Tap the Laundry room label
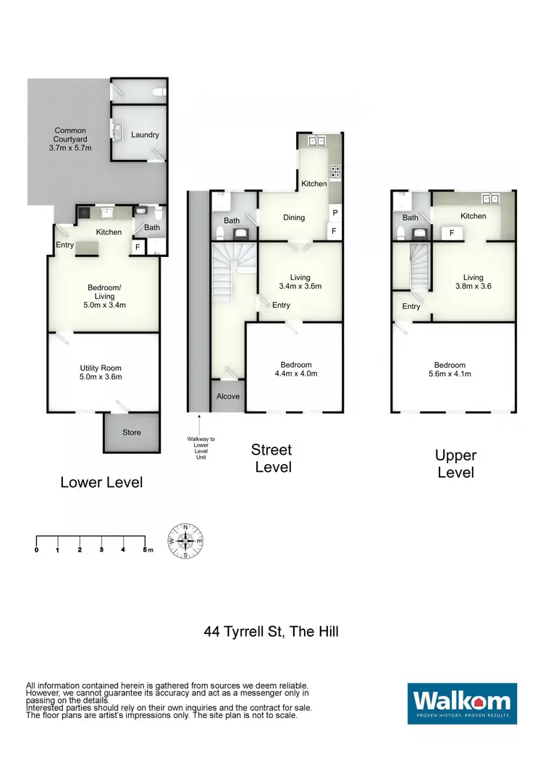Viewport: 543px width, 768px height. tap(145, 135)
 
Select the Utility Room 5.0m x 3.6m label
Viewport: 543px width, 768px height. tap(101, 372)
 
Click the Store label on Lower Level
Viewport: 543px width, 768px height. tap(131, 432)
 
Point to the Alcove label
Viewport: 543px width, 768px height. tap(228, 397)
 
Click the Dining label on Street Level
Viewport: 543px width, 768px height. tap(293, 217)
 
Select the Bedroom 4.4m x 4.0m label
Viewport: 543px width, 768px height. tap(295, 369)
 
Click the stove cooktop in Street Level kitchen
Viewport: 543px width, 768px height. tap(336, 172)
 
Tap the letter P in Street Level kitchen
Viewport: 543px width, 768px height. tap(334, 213)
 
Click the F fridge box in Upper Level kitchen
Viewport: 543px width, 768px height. tap(452, 233)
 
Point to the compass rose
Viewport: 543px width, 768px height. tap(186, 541)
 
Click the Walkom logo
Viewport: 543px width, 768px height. tap(462, 704)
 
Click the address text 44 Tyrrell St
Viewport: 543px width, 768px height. tap(271, 631)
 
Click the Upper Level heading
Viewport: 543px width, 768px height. tap(455, 464)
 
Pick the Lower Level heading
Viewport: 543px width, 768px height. tap(101, 482)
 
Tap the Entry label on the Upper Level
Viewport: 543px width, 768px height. tap(411, 306)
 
